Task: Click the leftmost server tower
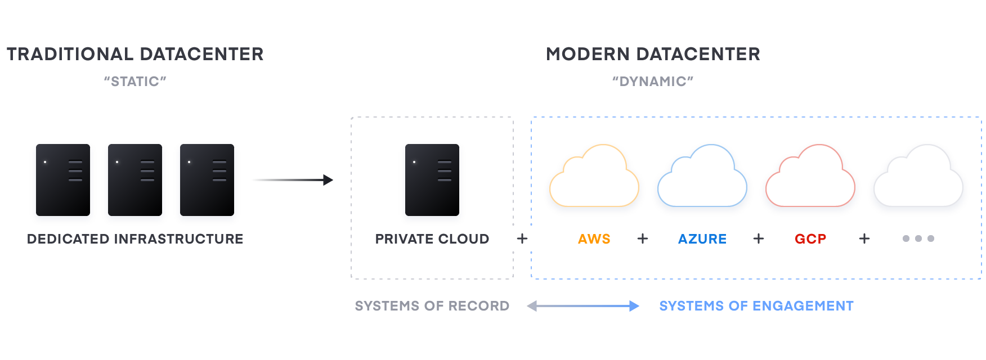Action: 62,180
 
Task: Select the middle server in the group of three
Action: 135,180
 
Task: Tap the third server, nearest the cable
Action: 207,180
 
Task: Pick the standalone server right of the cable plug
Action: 432,180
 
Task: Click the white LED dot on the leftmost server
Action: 45,162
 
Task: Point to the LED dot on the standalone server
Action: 414,162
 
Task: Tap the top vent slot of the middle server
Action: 147,162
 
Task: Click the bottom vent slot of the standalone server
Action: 445,180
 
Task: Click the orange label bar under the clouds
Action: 609,239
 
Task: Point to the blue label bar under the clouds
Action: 716,239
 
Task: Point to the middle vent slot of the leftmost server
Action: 75,171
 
